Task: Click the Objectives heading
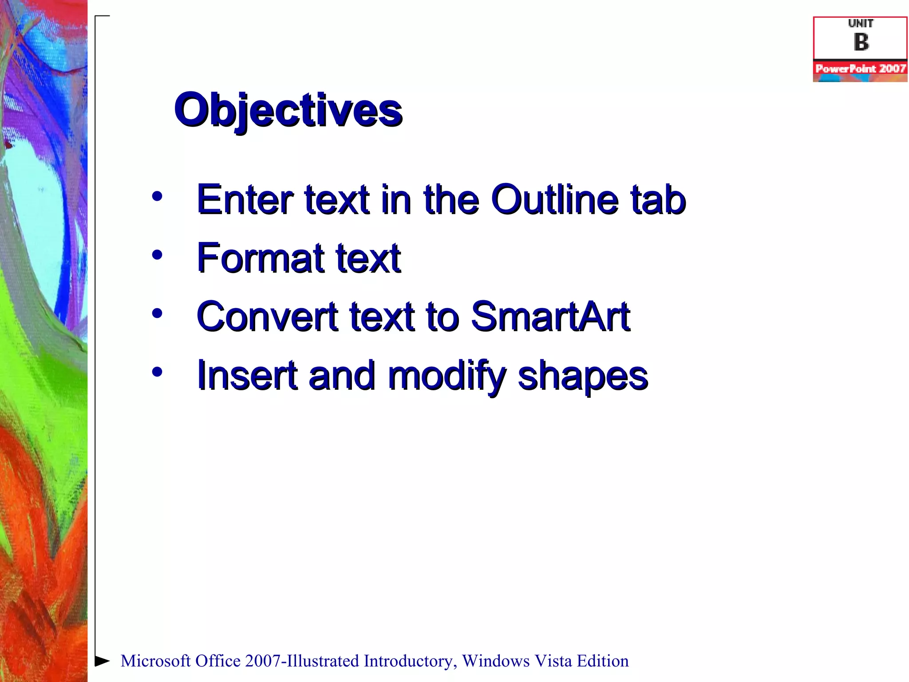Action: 288,110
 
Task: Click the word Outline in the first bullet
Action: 554,200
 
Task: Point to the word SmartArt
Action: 550,317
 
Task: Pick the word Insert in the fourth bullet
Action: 247,376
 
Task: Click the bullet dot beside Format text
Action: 157,255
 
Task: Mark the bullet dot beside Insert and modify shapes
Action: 157,372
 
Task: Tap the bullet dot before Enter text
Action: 157,196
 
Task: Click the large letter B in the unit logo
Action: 861,43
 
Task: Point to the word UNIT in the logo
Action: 861,24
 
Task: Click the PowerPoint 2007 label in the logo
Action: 860,68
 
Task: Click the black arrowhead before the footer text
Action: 102,661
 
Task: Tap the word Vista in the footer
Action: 553,661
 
